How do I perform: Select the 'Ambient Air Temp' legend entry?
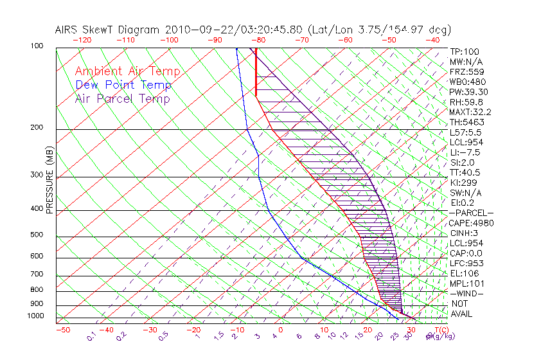click(127, 71)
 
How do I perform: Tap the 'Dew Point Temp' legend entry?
click(123, 85)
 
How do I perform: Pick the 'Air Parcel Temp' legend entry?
click(122, 98)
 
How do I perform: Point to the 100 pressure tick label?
click(37, 46)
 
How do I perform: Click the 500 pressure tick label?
click(37, 235)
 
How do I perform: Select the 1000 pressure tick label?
click(35, 316)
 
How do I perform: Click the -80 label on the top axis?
click(260, 39)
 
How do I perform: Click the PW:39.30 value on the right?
click(468, 92)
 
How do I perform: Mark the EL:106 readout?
click(464, 273)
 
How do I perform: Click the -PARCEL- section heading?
click(472, 213)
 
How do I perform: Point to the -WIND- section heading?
click(468, 293)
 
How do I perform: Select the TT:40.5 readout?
click(466, 172)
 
